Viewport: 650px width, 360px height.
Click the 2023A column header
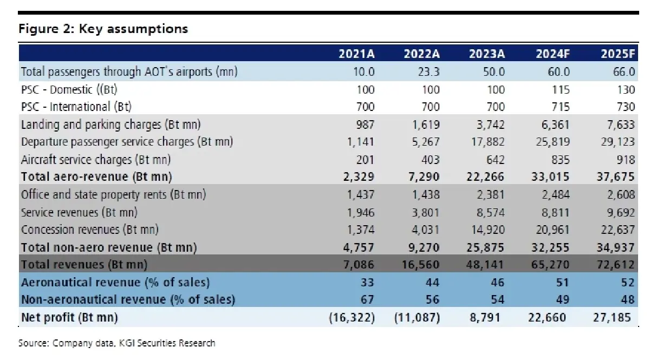(x=487, y=54)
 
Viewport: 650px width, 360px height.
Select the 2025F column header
(x=618, y=54)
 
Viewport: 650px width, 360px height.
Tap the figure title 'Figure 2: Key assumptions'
(x=103, y=29)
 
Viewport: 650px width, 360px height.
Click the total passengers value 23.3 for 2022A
(x=428, y=71)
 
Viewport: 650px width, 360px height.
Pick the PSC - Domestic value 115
(x=561, y=90)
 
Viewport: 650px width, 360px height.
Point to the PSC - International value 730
(x=626, y=107)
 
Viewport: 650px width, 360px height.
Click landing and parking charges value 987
(x=365, y=125)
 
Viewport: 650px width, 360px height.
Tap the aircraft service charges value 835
(x=561, y=160)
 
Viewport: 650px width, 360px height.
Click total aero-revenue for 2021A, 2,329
(x=359, y=176)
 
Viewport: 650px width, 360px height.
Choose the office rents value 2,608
(x=621, y=195)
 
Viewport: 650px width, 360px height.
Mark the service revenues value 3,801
(x=426, y=213)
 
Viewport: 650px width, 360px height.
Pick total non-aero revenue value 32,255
(x=550, y=247)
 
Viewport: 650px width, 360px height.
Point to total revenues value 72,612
(x=615, y=265)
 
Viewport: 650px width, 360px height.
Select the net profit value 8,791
(x=485, y=318)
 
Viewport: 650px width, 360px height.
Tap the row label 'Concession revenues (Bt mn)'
(x=90, y=230)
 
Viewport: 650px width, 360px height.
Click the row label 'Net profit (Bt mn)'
(x=70, y=318)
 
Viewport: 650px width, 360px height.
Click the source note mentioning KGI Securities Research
(x=116, y=343)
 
